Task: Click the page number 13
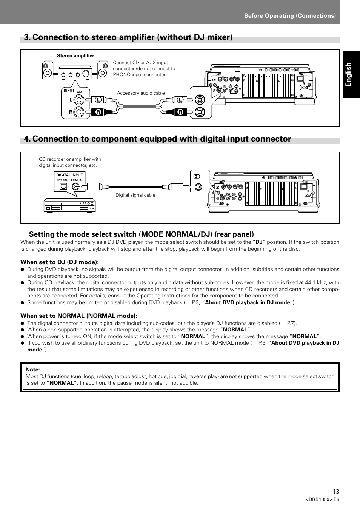pos(336,492)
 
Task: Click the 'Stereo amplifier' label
pos(75,56)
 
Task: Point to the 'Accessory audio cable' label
pos(141,93)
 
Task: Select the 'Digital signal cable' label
pos(135,195)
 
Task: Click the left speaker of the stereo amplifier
pos(48,70)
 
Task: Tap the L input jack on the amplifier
pos(78,100)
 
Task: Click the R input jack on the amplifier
pos(78,112)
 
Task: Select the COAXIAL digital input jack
pos(77,186)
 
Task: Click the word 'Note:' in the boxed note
pos(33,370)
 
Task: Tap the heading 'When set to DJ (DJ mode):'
pos(60,262)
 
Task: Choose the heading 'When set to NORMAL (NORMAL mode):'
pos(79,316)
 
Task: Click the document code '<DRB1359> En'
pos(322,499)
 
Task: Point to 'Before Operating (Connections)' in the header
pos(290,16)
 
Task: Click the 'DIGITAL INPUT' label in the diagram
pos(69,175)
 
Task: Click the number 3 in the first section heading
pos(26,37)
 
